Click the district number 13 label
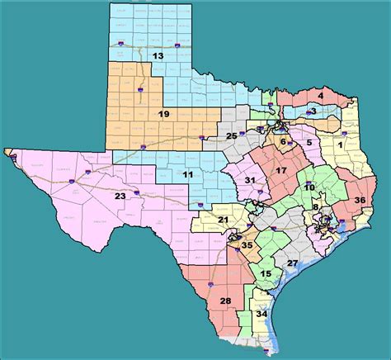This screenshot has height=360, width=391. pyautogui.click(x=157, y=56)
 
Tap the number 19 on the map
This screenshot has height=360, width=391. pyautogui.click(x=164, y=114)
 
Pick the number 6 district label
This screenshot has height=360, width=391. pyautogui.click(x=283, y=142)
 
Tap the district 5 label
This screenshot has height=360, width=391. pyautogui.click(x=309, y=143)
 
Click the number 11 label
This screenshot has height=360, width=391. pyautogui.click(x=188, y=175)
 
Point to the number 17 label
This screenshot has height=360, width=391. pyautogui.click(x=280, y=171)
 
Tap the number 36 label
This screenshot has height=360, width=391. pyautogui.click(x=360, y=200)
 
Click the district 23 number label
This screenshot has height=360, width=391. pyautogui.click(x=120, y=197)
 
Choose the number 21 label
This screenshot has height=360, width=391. pyautogui.click(x=224, y=219)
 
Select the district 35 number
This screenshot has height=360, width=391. pyautogui.click(x=246, y=244)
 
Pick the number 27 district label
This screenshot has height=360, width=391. pyautogui.click(x=292, y=263)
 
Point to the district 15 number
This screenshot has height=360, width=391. pyautogui.click(x=265, y=273)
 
